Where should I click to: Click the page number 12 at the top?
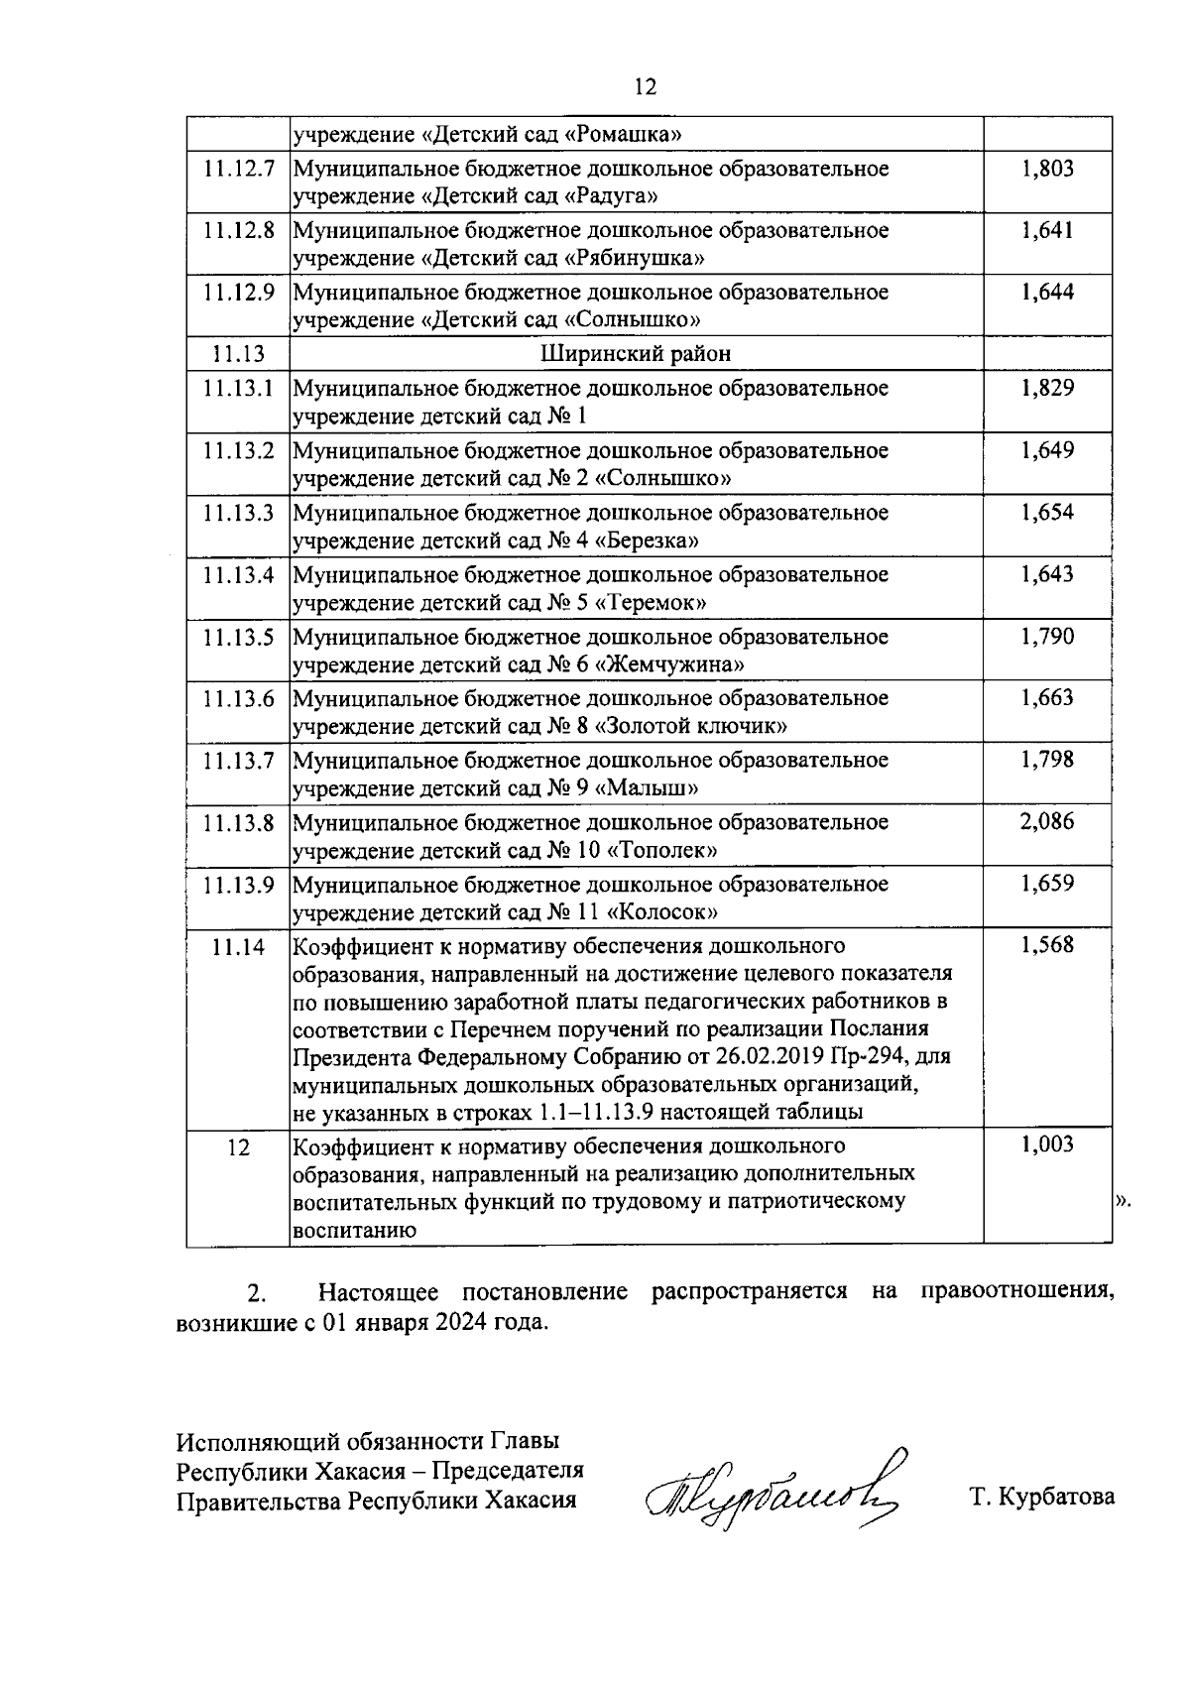[x=645, y=87]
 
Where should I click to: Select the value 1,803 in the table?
[x=1047, y=169]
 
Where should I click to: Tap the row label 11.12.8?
[x=239, y=231]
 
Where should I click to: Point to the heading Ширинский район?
[x=637, y=354]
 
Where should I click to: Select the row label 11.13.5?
[x=239, y=637]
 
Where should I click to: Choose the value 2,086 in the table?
[x=1047, y=822]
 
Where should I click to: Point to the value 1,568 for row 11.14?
[x=1047, y=946]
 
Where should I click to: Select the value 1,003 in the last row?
[x=1047, y=1146]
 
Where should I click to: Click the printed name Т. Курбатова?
[x=1042, y=1498]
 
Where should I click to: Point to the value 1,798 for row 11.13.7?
[x=1047, y=761]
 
